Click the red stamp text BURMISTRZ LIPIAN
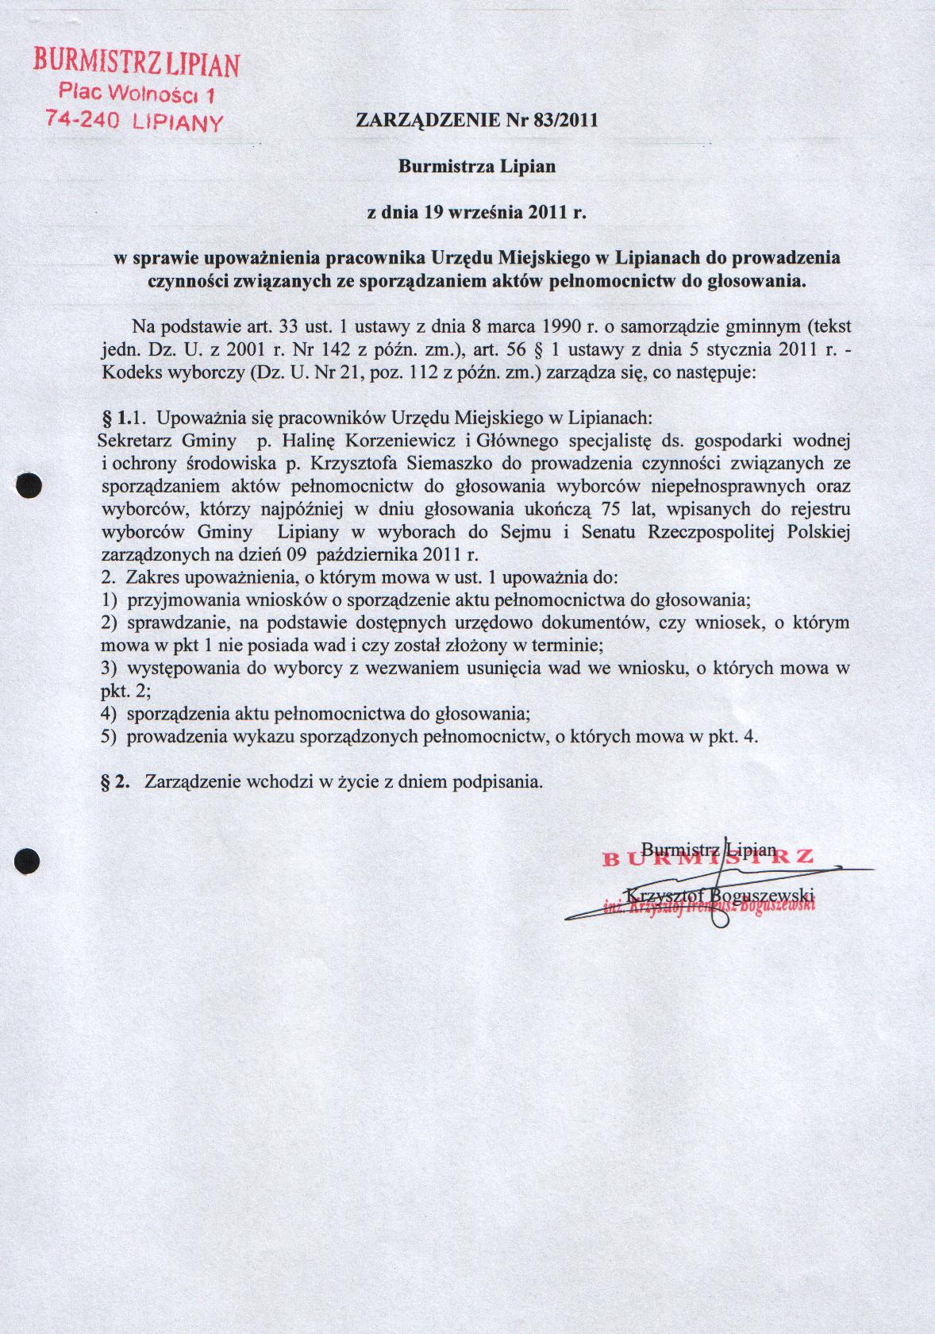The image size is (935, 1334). click(x=136, y=62)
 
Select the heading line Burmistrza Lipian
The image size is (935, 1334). click(x=476, y=167)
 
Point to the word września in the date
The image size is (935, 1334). click(x=476, y=213)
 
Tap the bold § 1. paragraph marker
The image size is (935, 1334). click(x=116, y=417)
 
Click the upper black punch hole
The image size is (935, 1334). click(x=29, y=486)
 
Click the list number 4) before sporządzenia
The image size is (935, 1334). click(x=110, y=713)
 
